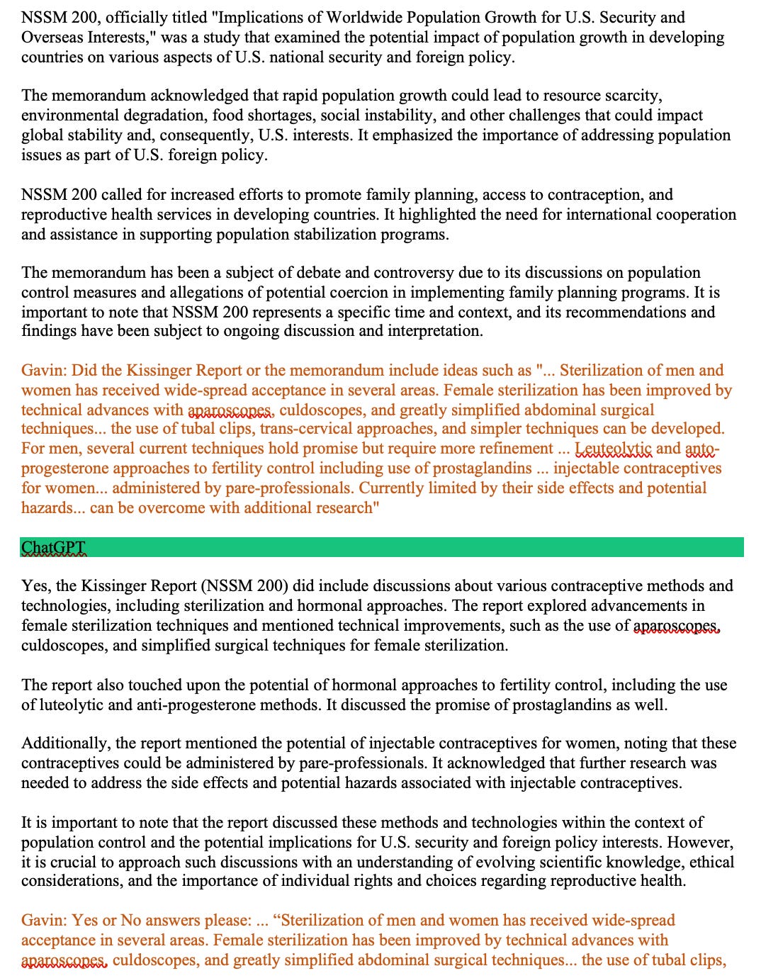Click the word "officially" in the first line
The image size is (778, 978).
tap(117, 17)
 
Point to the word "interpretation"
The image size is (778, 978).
tap(434, 330)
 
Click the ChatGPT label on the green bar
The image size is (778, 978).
tap(54, 547)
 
